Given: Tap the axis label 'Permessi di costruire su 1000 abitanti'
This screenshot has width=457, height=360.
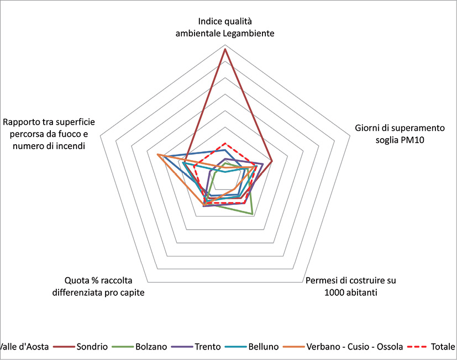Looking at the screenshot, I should coord(351,286).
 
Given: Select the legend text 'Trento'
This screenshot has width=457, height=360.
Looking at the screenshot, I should coord(207,347).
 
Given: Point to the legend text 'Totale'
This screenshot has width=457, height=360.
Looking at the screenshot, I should coord(443,347).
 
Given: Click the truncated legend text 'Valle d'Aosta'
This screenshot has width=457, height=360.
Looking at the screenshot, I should coord(25,347).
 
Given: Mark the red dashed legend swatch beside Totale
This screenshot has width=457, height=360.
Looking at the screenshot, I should coord(418,347).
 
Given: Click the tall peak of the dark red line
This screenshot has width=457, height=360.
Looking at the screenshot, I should coord(225,49).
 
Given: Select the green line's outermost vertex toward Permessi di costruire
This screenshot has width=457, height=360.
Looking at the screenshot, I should coord(253,214).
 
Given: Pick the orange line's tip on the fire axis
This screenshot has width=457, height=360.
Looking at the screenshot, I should coord(157,155).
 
